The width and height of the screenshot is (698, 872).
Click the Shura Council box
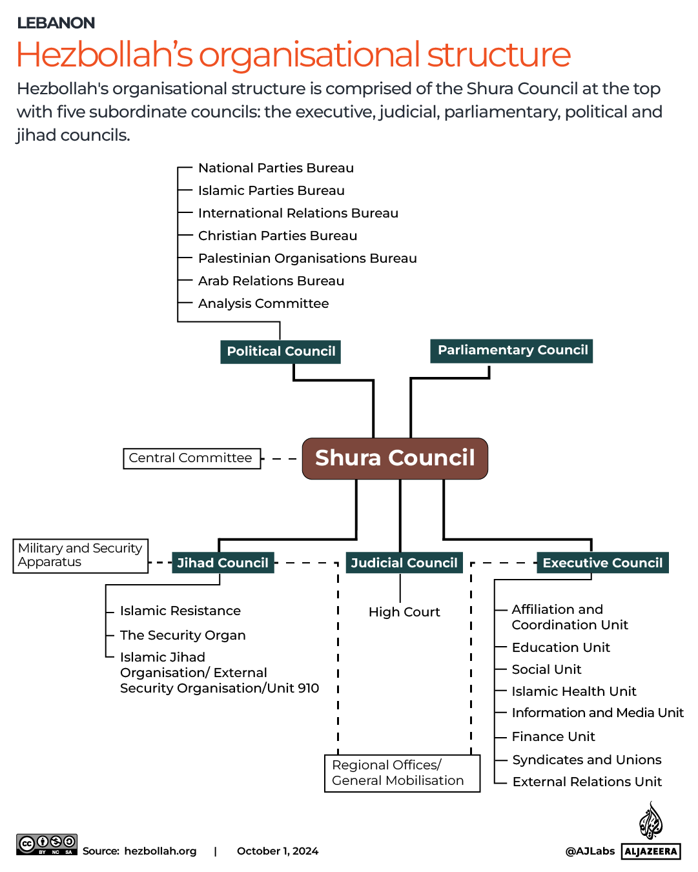click(x=395, y=458)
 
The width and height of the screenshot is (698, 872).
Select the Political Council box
click(x=280, y=352)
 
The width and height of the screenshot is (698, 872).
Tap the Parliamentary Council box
click(x=512, y=350)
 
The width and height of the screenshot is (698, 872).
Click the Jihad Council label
click(x=223, y=563)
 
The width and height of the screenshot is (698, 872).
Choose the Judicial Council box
click(x=404, y=563)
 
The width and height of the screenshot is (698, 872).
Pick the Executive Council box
click(x=602, y=563)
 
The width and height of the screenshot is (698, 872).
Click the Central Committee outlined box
click(x=191, y=458)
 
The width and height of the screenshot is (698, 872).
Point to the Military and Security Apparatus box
click(x=80, y=555)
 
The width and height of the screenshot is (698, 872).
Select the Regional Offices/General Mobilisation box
click(x=402, y=773)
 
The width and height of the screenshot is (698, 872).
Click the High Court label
click(x=404, y=612)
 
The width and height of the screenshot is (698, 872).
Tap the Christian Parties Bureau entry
click(x=278, y=236)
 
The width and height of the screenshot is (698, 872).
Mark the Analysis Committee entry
click(x=263, y=303)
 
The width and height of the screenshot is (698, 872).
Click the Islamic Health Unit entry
click(x=574, y=691)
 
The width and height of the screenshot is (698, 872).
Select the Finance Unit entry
click(x=553, y=736)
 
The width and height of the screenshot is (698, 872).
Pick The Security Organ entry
click(x=183, y=635)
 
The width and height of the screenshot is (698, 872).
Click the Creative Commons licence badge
click(x=46, y=844)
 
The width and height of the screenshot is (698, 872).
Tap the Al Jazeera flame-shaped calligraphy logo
click(x=651, y=821)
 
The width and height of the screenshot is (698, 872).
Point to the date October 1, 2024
click(x=278, y=851)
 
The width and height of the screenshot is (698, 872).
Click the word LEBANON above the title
click(x=56, y=23)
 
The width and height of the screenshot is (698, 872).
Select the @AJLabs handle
click(x=590, y=851)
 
